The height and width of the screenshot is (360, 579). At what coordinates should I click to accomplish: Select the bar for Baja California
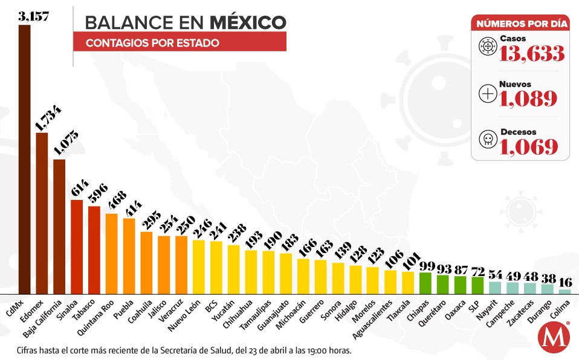tap(59, 227)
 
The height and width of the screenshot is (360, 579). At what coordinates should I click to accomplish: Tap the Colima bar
tap(564, 291)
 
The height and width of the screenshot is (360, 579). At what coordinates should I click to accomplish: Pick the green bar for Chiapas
tap(425, 283)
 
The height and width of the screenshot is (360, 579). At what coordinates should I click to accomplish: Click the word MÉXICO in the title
tap(248, 22)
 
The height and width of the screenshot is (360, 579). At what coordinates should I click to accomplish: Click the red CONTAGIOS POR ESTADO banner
tap(180, 42)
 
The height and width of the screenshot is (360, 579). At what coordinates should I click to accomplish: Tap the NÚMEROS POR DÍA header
tap(520, 24)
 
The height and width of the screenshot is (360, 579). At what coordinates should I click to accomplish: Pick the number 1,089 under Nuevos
tap(528, 98)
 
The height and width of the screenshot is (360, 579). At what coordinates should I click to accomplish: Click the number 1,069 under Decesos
tap(528, 146)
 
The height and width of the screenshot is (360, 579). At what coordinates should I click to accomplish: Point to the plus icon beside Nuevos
tap(487, 94)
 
